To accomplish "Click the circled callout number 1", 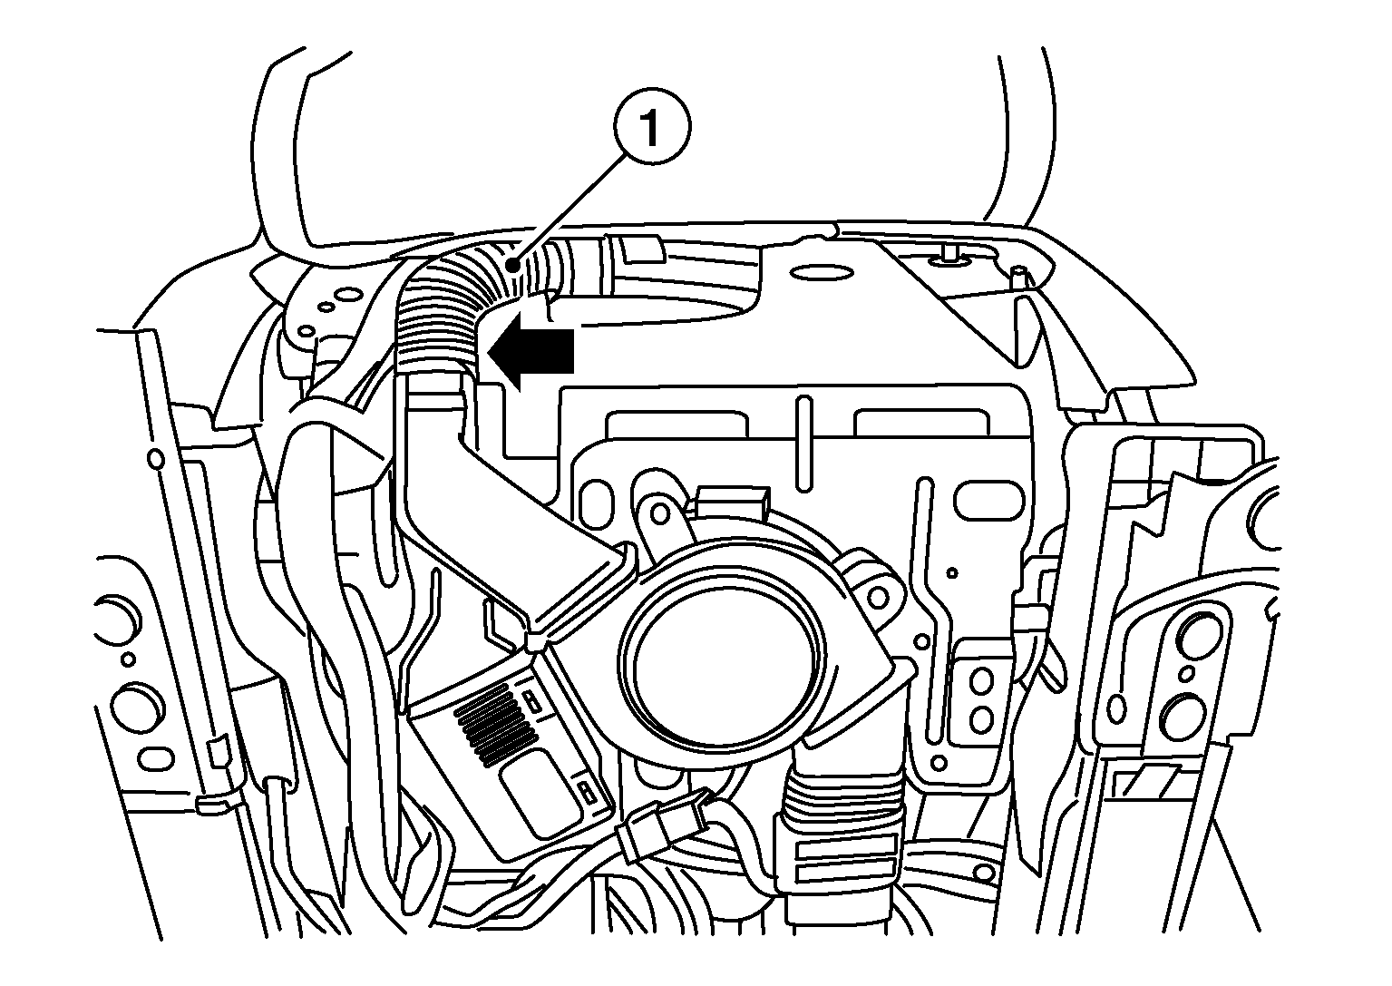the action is tap(652, 127).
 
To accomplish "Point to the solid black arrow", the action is tap(531, 351).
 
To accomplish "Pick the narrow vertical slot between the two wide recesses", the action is tap(804, 444).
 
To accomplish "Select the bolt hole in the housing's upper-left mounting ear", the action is tap(660, 513).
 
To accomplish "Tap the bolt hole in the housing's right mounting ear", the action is tap(878, 598).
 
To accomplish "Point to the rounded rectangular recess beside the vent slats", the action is tap(534, 793).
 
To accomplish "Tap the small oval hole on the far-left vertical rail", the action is tap(155, 459).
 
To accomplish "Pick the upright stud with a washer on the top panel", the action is tap(949, 256).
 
